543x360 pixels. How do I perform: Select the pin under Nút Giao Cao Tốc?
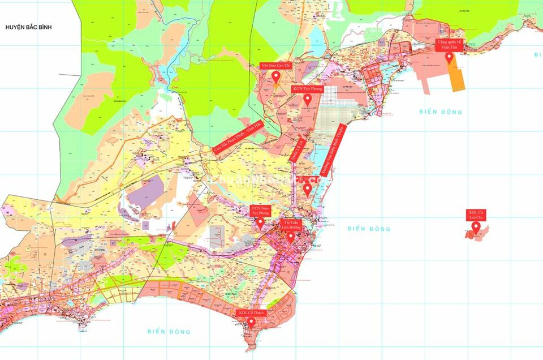coord(276,76)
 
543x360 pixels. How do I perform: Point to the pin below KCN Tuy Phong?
coord(307,100)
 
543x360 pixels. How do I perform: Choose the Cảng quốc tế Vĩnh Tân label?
coord(450,45)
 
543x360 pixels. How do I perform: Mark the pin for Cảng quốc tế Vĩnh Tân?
coord(449,57)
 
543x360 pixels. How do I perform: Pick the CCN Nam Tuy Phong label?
coord(261,211)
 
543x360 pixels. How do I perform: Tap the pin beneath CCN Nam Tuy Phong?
coord(260,223)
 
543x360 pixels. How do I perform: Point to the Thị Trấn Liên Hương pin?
coord(290,237)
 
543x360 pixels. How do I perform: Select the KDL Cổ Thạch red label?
coord(251,312)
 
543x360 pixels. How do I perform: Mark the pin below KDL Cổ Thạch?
coord(251,322)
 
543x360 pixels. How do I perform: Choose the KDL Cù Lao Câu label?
coord(476,215)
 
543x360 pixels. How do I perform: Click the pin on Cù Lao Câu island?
coord(476,228)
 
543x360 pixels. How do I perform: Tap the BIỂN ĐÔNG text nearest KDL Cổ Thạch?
coord(169,332)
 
